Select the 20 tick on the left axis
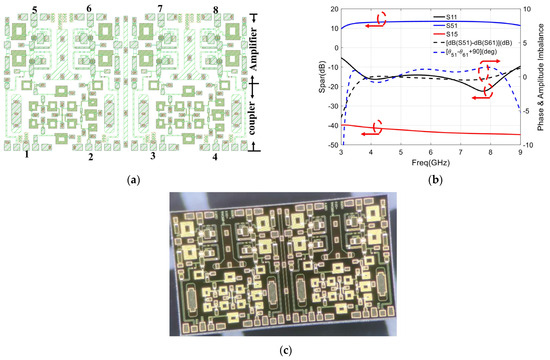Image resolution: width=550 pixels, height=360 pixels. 333,7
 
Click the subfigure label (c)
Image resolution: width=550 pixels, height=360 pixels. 275,350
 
